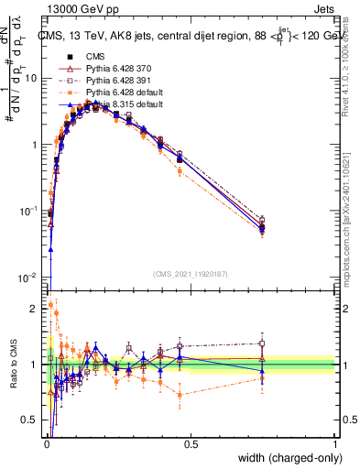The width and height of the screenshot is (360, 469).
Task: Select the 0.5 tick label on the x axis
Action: [x=191, y=444]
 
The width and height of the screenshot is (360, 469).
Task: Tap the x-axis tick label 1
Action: [x=334, y=444]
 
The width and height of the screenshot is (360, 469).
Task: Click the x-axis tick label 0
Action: [x=46, y=444]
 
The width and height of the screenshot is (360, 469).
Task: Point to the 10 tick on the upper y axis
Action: [x=30, y=79]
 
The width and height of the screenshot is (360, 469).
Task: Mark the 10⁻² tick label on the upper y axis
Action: [x=28, y=278]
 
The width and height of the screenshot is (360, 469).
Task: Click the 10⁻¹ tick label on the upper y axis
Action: [x=28, y=212]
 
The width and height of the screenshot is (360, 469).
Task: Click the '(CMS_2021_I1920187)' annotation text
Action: [x=191, y=273]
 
